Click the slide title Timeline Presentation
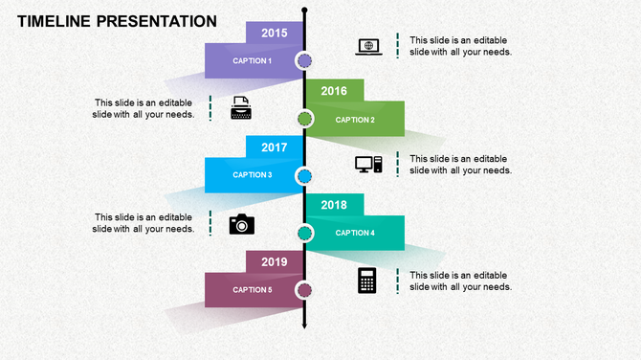click(x=117, y=21)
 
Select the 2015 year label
click(x=275, y=34)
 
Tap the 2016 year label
click(x=334, y=91)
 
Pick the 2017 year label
click(x=275, y=147)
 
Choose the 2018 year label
click(x=334, y=205)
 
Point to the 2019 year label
click(x=275, y=261)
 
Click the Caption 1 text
click(x=253, y=61)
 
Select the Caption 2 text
click(x=355, y=120)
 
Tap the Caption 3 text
click(x=253, y=175)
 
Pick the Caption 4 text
click(x=355, y=233)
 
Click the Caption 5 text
click(x=253, y=290)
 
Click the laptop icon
click(x=368, y=46)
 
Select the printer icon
click(x=241, y=108)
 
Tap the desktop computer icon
click(x=368, y=165)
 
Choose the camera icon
click(x=242, y=224)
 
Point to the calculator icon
click(x=366, y=281)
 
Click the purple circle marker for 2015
click(x=304, y=62)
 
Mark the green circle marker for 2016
click(x=304, y=119)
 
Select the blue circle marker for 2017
click(x=304, y=176)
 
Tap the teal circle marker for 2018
click(x=305, y=233)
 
